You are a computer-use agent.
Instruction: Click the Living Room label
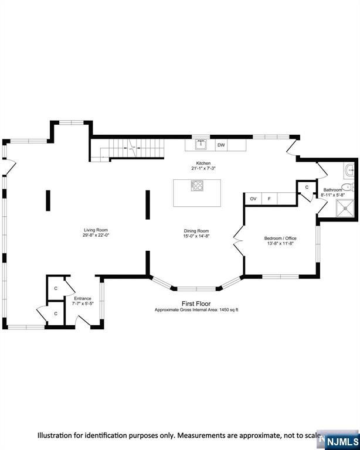pos(96,230)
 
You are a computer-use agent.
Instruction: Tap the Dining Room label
pos(196,231)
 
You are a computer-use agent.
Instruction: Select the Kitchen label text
pos(203,163)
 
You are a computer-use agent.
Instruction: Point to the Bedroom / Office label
pos(280,238)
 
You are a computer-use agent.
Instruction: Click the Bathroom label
pos(332,190)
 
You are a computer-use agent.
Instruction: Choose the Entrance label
pos(83,298)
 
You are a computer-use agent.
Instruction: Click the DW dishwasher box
pos(221,145)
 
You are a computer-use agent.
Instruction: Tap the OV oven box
pos(253,199)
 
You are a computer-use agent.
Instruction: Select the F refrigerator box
pos(269,199)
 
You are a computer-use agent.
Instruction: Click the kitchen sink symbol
pos(201,145)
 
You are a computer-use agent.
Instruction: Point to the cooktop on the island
pos(197,185)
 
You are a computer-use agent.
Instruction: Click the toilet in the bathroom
pos(348,187)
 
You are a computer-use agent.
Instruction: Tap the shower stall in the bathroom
pos(345,209)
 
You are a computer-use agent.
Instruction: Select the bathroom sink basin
pos(349,170)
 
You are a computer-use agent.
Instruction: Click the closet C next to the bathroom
pos(307,187)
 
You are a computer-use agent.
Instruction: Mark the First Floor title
pos(196,304)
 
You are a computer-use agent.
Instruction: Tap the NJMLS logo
pos(343,441)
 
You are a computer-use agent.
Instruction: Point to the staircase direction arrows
pos(132,148)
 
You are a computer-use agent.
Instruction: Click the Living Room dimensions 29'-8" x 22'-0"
pos(96,235)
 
